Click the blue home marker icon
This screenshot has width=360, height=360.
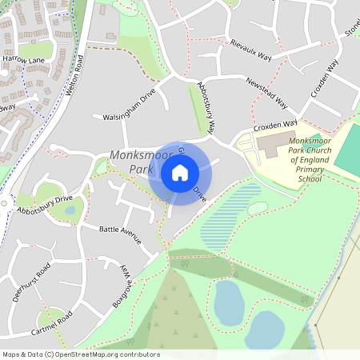[180, 172]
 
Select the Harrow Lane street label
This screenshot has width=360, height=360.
[23, 60]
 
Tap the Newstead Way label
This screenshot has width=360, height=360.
[266, 94]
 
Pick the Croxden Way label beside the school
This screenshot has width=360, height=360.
[275, 126]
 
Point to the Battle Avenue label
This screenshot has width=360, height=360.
[120, 234]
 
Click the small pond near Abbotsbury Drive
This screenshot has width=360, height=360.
[70, 210]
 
